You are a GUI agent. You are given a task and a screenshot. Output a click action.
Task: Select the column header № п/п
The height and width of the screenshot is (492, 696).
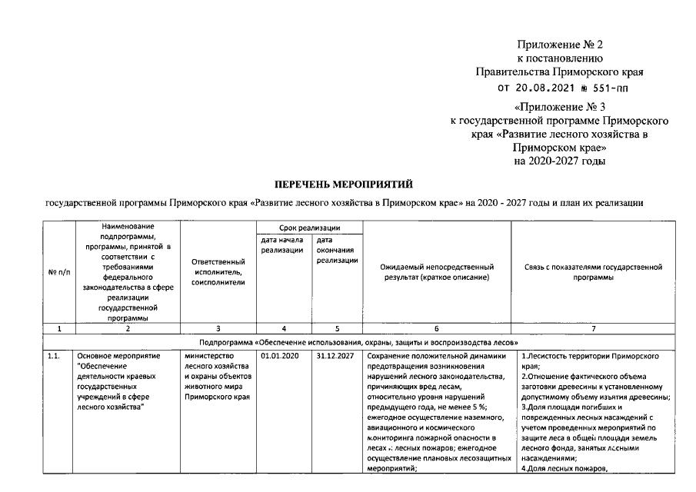(59, 273)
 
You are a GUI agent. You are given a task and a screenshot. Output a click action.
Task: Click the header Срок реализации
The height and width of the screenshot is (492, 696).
(309, 228)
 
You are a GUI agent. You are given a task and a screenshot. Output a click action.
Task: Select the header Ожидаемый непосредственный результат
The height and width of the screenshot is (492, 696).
(435, 271)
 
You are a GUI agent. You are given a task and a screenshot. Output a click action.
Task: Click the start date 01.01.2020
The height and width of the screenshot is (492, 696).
(279, 357)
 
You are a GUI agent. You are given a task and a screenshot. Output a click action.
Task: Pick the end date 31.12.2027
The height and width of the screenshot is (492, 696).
(334, 357)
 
